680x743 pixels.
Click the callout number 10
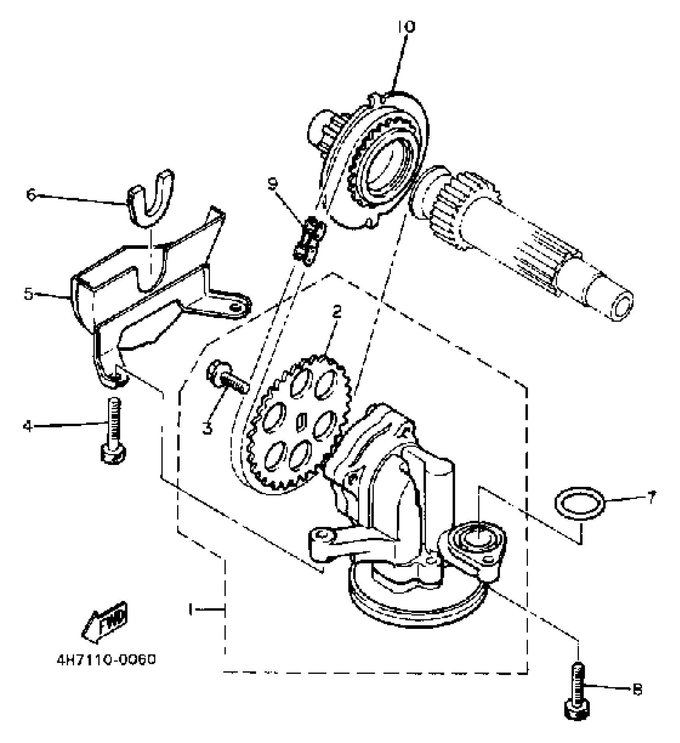coord(407,26)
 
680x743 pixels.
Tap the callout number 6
coord(31,195)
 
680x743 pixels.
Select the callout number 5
coord(28,294)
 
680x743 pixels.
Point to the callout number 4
coord(27,427)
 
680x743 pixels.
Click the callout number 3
coord(207,428)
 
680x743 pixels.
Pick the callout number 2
coord(337,311)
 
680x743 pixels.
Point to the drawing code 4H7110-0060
coord(106,659)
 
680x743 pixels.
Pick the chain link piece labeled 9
coord(309,241)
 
